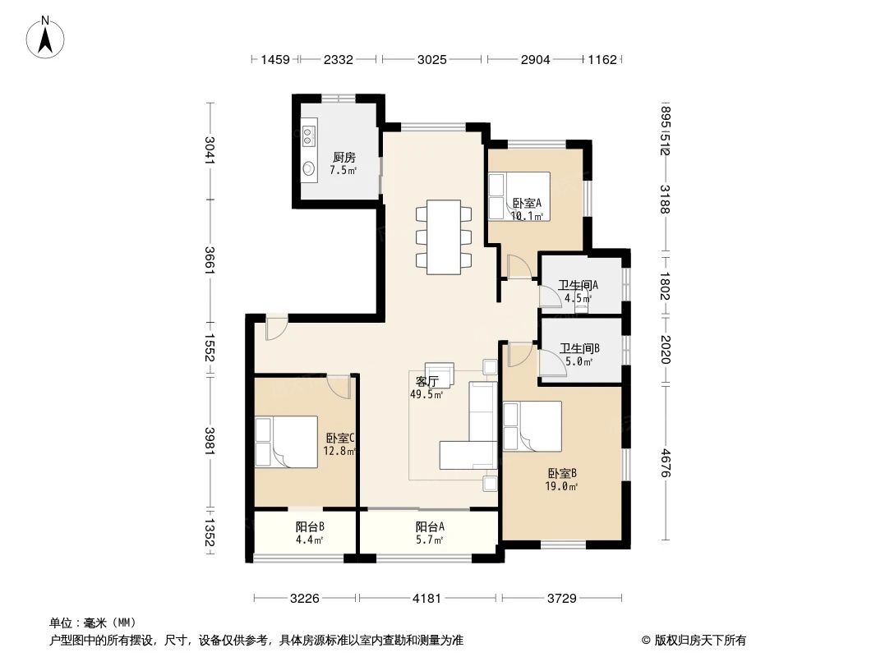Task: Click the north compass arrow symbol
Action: (x=45, y=37)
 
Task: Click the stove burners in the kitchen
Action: (x=309, y=134)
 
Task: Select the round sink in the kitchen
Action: (x=309, y=168)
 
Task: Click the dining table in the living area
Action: (x=444, y=237)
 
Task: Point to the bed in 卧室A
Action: (x=519, y=196)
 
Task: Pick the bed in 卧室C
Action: (x=286, y=441)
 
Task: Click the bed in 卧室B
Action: (x=533, y=426)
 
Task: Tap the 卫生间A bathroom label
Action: (x=579, y=285)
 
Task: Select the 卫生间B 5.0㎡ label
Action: (x=579, y=355)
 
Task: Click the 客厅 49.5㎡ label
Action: (x=426, y=388)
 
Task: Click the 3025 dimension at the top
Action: (x=432, y=59)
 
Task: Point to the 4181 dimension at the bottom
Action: (x=426, y=599)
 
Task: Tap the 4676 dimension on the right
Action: (x=664, y=462)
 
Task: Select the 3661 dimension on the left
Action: (x=210, y=260)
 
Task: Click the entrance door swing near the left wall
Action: (x=276, y=328)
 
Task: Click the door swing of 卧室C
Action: (x=339, y=386)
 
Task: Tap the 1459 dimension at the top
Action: (x=275, y=59)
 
